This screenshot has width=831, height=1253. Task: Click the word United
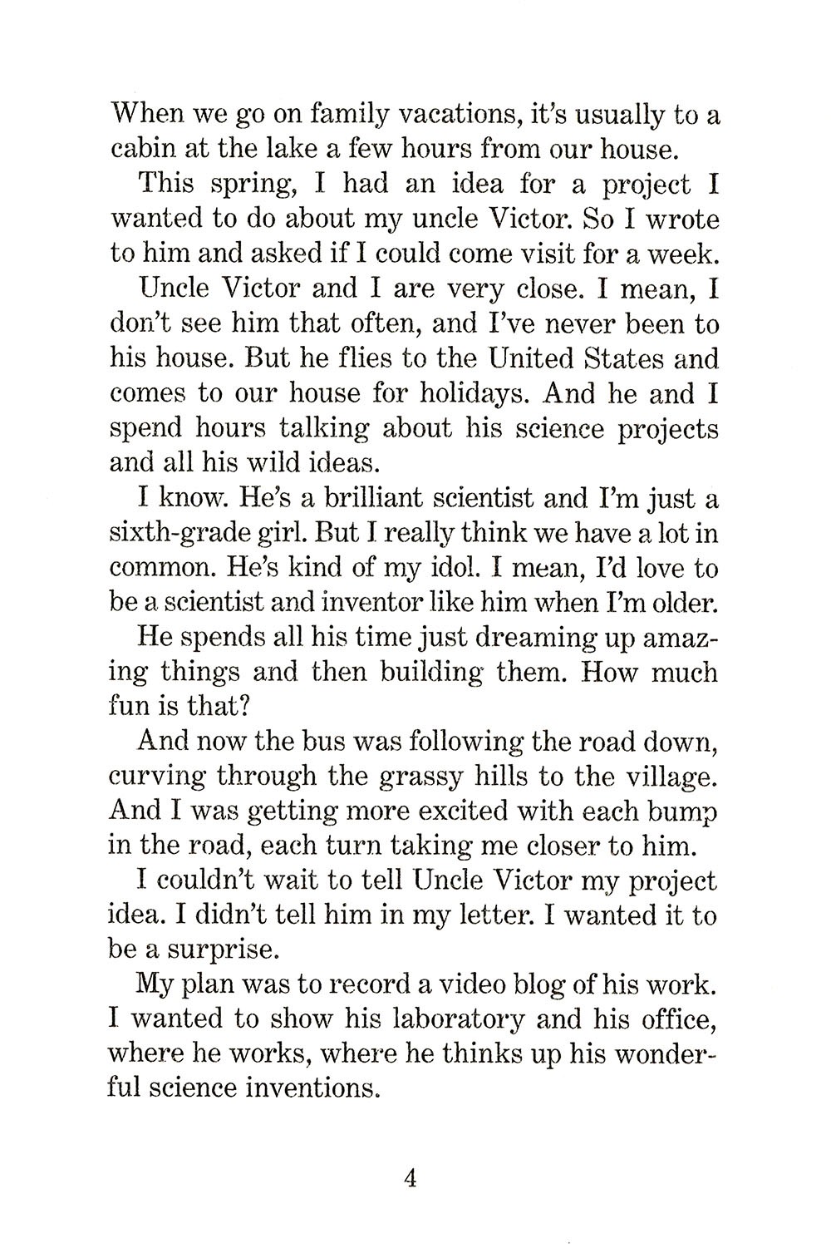click(535, 358)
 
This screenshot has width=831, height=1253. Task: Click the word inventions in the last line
click(311, 1088)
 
